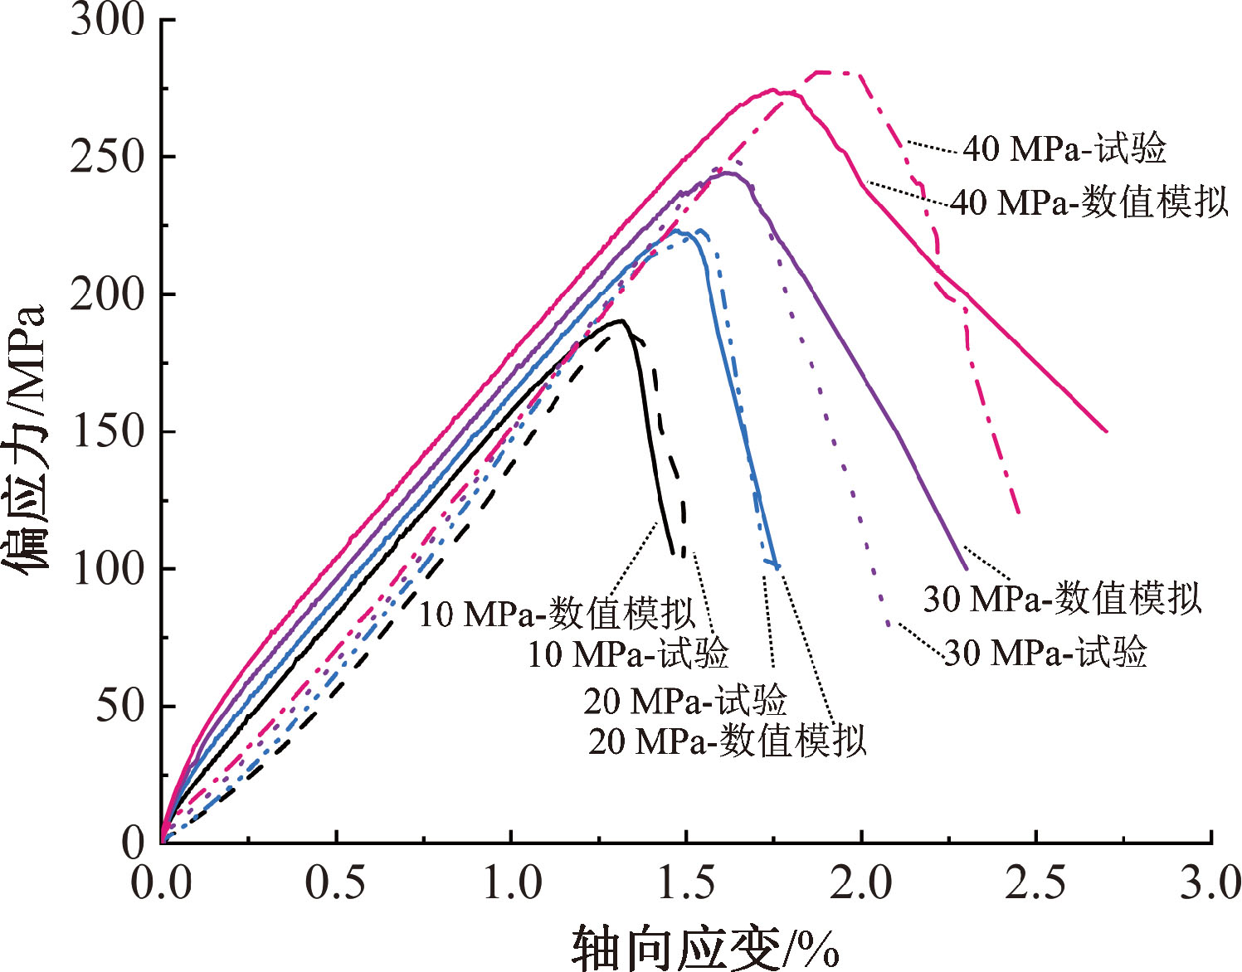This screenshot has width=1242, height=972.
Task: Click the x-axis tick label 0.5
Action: (x=335, y=883)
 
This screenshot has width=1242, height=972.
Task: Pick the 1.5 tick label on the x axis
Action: (x=685, y=883)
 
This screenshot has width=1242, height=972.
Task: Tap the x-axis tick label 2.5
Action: (x=1035, y=883)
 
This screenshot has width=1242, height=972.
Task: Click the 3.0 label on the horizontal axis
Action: (x=1210, y=883)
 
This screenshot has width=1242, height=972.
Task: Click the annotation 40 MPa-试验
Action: (x=1064, y=149)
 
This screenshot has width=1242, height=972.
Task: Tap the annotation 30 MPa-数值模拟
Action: (x=1062, y=598)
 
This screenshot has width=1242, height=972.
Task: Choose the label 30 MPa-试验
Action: (x=1045, y=653)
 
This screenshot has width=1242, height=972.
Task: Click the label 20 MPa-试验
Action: (x=684, y=702)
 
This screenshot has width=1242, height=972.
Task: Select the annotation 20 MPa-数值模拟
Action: (x=728, y=741)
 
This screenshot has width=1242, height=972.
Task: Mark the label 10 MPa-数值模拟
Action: (x=557, y=614)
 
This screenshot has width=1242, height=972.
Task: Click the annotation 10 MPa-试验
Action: (x=628, y=654)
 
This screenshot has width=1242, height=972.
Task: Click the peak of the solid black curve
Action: (x=621, y=320)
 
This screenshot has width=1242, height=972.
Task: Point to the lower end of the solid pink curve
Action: (x=1106, y=431)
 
